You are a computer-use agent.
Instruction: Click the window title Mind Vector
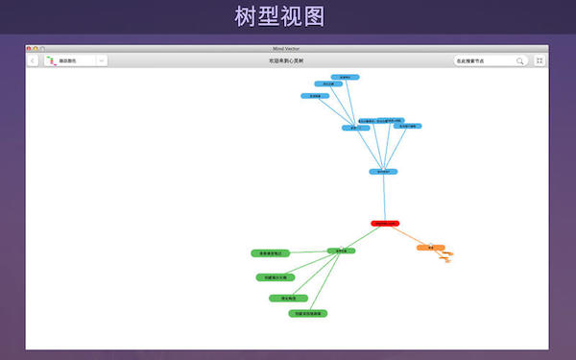coord(287,48)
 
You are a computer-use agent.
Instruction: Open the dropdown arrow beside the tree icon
coord(102,60)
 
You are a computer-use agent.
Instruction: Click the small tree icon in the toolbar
coord(50,60)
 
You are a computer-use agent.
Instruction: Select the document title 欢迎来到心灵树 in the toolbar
coord(287,60)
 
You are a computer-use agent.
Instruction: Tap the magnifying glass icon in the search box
coord(520,60)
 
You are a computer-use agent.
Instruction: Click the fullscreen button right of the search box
coord(540,60)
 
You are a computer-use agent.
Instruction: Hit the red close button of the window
coord(30,48)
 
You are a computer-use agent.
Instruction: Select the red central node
coord(385,224)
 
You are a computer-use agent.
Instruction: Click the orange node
coord(431,248)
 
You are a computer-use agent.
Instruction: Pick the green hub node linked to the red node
coord(341,252)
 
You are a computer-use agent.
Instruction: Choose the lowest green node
coord(309,313)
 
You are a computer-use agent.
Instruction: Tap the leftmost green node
coord(270,253)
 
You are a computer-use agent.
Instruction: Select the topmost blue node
coord(345,77)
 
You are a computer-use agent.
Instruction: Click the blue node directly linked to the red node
coord(383,172)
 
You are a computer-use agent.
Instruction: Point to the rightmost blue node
coord(408,126)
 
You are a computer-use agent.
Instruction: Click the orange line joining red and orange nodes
coord(408,236)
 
